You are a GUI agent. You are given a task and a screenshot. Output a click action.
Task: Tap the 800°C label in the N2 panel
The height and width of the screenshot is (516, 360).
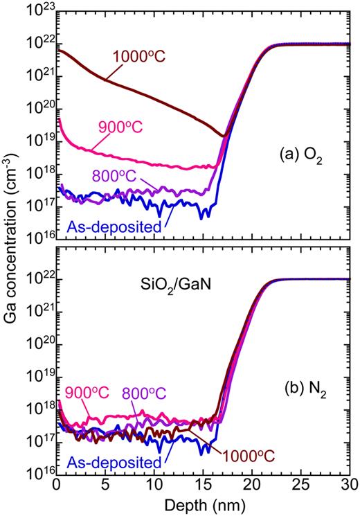(156, 391)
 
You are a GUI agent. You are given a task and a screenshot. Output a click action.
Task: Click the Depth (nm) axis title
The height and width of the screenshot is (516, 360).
(204, 504)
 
